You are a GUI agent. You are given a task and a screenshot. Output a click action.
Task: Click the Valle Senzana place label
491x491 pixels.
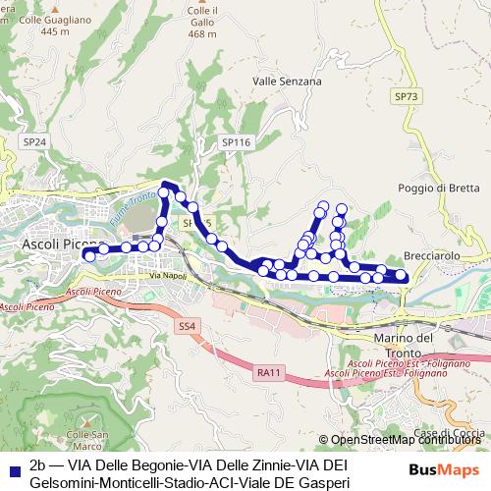tap(287, 82)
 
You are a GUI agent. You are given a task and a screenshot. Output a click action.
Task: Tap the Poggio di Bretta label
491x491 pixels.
tap(438, 189)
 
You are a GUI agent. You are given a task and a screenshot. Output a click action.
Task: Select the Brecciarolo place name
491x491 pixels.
tap(432, 255)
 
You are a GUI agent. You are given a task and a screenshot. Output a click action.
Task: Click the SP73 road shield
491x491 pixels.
tap(406, 96)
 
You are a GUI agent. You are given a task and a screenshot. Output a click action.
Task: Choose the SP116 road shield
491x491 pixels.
tap(237, 142)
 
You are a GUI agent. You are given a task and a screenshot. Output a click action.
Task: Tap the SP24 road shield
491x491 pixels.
tap(34, 142)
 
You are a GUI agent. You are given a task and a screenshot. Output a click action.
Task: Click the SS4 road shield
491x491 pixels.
tap(188, 325)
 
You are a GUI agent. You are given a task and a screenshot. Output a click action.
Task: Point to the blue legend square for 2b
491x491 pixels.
tap(13, 466)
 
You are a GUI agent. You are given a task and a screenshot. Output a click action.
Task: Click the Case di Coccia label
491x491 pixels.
tap(449, 433)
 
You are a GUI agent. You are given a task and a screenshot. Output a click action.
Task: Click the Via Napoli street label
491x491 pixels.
tap(167, 276)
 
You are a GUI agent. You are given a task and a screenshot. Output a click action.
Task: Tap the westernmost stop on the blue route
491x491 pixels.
tap(88, 255)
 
